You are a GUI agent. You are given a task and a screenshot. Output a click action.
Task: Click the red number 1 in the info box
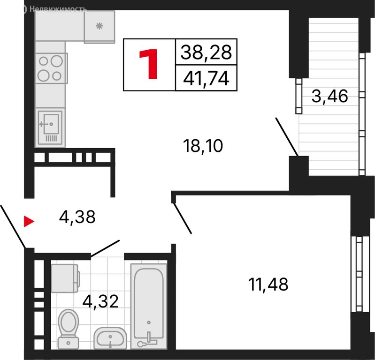[x=148, y=64]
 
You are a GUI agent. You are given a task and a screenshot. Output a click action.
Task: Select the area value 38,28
[x=206, y=52]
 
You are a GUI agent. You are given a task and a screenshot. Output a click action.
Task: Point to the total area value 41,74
[x=206, y=78]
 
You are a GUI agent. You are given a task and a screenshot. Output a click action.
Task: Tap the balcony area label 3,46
[x=329, y=96]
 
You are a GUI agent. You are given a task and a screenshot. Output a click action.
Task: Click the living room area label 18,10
[x=203, y=146]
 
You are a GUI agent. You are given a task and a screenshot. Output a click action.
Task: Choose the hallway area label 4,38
[x=77, y=217]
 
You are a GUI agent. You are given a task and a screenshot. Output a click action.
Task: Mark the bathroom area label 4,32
[x=100, y=301]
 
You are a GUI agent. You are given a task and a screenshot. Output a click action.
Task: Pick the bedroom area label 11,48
[x=268, y=285]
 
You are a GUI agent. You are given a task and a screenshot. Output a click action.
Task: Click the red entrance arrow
[x=29, y=221]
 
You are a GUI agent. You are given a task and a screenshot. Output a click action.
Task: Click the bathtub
[x=148, y=306]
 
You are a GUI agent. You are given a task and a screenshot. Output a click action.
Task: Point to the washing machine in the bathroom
[x=66, y=278]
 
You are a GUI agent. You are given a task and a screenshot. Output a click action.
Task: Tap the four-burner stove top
[x=51, y=68]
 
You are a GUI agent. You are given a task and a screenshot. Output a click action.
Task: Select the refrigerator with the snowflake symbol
[x=99, y=27]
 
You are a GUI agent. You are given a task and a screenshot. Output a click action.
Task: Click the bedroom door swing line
[x=182, y=218]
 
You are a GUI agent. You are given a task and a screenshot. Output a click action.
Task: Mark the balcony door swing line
[x=287, y=137]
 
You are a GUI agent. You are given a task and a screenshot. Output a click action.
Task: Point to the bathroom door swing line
[x=105, y=248]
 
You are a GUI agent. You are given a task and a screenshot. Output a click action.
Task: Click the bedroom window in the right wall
[x=359, y=274]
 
